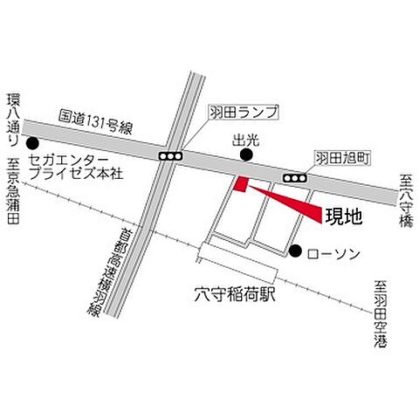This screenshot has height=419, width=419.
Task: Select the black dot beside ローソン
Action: tap(295, 252)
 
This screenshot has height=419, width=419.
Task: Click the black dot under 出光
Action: tap(246, 156)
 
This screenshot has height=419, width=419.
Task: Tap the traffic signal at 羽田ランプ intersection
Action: tap(170, 155)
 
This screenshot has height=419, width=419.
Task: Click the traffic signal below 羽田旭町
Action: tap(296, 178)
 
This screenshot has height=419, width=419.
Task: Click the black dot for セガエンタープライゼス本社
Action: tap(33, 144)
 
